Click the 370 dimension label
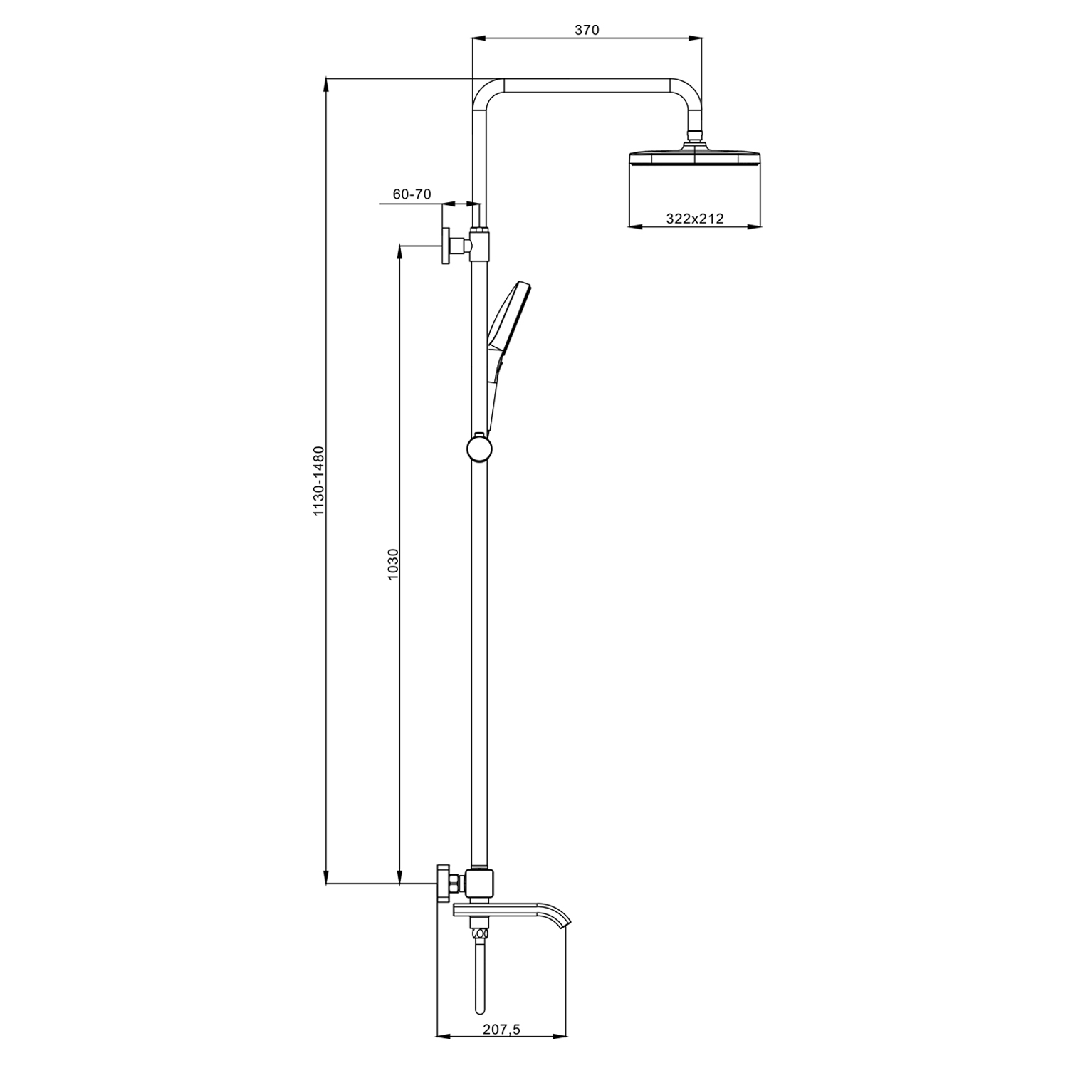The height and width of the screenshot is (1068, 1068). [x=587, y=30]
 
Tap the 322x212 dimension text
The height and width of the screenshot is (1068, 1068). [x=695, y=219]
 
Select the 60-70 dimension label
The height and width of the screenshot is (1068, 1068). [x=412, y=194]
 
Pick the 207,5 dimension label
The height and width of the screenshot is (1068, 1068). [x=503, y=1029]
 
